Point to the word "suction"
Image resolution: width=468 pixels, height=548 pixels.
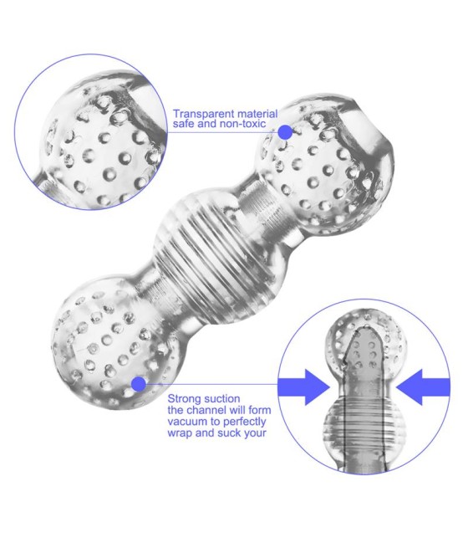pyautogui.click(x=222, y=399)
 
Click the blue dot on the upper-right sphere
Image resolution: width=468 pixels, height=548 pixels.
pyautogui.click(x=286, y=132)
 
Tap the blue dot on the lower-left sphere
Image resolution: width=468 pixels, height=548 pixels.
pyautogui.click(x=139, y=384)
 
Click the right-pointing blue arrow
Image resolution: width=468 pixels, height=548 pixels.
pyautogui.click(x=303, y=387)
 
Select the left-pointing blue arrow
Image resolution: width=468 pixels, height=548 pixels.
pyautogui.click(x=423, y=387)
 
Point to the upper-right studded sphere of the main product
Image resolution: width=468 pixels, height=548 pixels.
pyautogui.click(x=324, y=164)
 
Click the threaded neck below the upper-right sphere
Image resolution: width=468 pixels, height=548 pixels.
pyautogui.click(x=266, y=210)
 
